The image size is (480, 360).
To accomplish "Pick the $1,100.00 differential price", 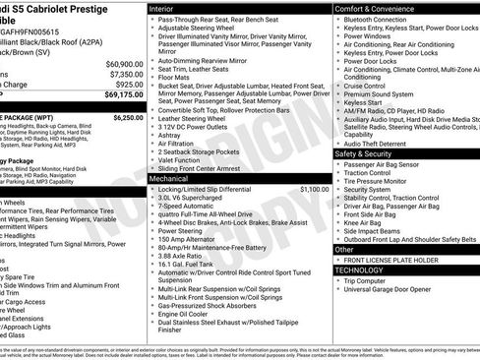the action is (314, 188).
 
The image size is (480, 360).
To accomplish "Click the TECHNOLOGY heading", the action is (359, 269).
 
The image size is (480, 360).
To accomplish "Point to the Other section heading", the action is (344, 249).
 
